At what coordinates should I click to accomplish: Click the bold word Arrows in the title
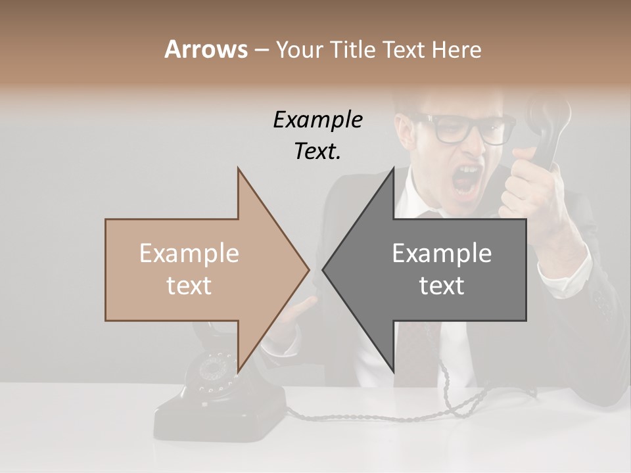point(206,49)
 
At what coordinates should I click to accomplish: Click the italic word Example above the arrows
point(317,120)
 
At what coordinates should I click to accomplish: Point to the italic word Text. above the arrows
point(317,152)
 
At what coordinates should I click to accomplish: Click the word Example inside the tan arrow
point(189,254)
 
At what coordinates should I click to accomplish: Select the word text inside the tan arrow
point(189,286)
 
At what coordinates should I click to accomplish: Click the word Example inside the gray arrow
point(442,254)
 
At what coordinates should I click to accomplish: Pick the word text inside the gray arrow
point(442,286)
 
